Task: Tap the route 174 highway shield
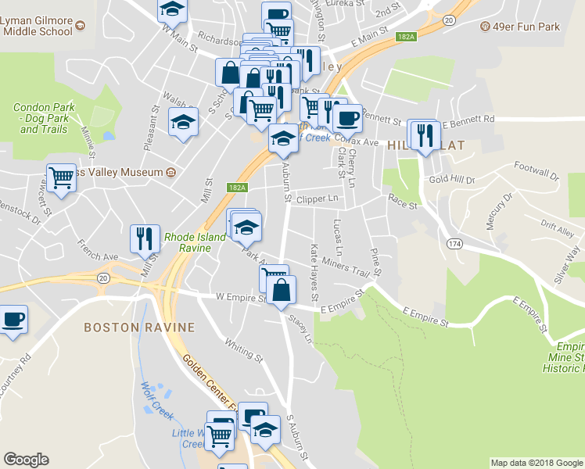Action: (x=453, y=244)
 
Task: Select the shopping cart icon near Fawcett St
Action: (x=61, y=177)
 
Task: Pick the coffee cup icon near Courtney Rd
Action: (x=13, y=319)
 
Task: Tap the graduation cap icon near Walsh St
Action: (x=184, y=123)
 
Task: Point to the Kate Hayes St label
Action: (x=315, y=273)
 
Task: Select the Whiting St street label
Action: (x=243, y=351)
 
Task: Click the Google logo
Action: (x=26, y=460)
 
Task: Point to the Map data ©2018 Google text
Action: (x=536, y=463)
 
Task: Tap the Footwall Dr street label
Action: (x=537, y=171)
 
